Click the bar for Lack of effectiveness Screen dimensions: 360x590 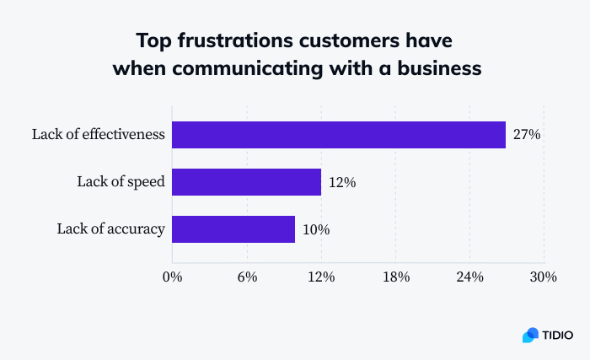click(339, 135)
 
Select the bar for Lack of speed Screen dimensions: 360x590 click(247, 182)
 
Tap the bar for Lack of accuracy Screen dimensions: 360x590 click(233, 228)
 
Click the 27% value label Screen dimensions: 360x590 click(527, 135)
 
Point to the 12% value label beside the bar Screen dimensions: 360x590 click(343, 182)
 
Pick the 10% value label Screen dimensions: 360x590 click(316, 228)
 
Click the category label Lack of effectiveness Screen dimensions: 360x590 click(98, 135)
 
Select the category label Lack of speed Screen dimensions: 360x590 click(121, 182)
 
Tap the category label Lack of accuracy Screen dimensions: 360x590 click(110, 228)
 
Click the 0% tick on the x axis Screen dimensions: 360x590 click(172, 277)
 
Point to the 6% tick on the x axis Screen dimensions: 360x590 click(247, 277)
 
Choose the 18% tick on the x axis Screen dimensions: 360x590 click(395, 277)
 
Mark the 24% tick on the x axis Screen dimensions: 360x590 click(469, 277)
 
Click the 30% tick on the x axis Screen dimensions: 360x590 click(544, 277)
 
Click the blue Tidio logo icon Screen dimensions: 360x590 click(530, 335)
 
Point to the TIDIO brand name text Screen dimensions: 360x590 click(558, 335)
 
